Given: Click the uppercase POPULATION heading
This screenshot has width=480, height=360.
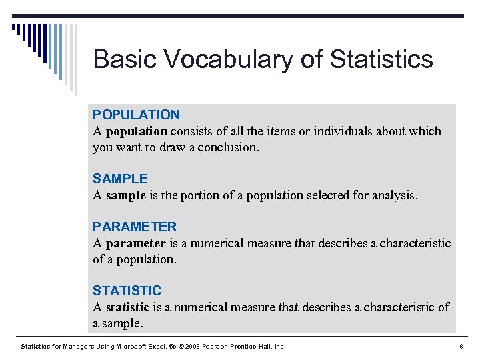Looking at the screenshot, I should (136, 115).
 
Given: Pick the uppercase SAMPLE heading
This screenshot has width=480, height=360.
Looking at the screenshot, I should (120, 179).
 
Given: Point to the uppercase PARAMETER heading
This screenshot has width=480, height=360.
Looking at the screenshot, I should (135, 227).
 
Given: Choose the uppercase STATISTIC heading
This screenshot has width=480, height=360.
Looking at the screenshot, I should (127, 291).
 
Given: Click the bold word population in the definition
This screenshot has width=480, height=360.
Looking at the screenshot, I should (137, 131).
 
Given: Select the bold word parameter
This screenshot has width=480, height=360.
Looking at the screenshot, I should (135, 243).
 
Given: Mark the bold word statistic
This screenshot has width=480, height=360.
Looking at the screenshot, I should (128, 307).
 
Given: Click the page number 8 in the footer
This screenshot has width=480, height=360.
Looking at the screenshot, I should (461, 346).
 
